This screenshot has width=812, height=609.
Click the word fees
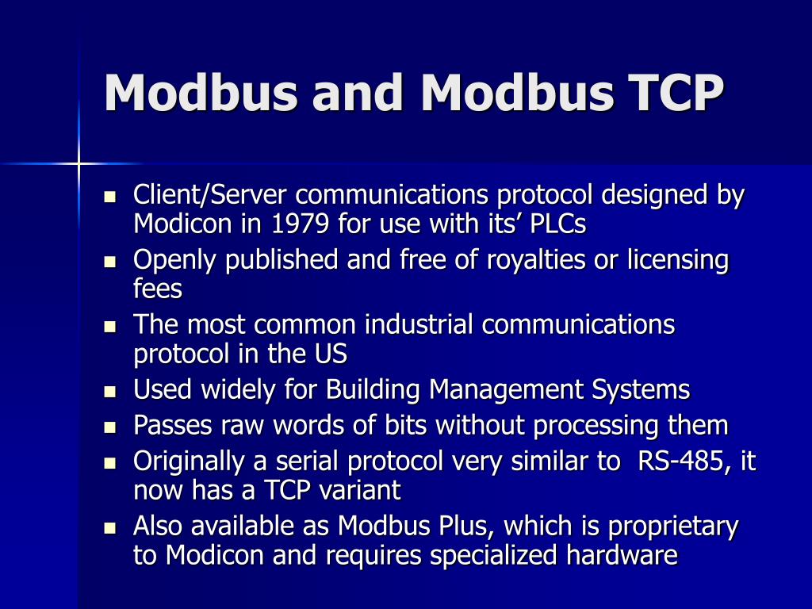coord(158,289)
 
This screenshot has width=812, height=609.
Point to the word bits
coord(405,426)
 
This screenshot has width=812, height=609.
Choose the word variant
coord(362,491)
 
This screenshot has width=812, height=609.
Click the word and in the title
coord(358,93)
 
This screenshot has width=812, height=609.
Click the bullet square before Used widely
coord(110,391)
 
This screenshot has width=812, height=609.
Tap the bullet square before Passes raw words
coord(110,427)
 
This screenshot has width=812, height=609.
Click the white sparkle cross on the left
coord(79,163)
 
